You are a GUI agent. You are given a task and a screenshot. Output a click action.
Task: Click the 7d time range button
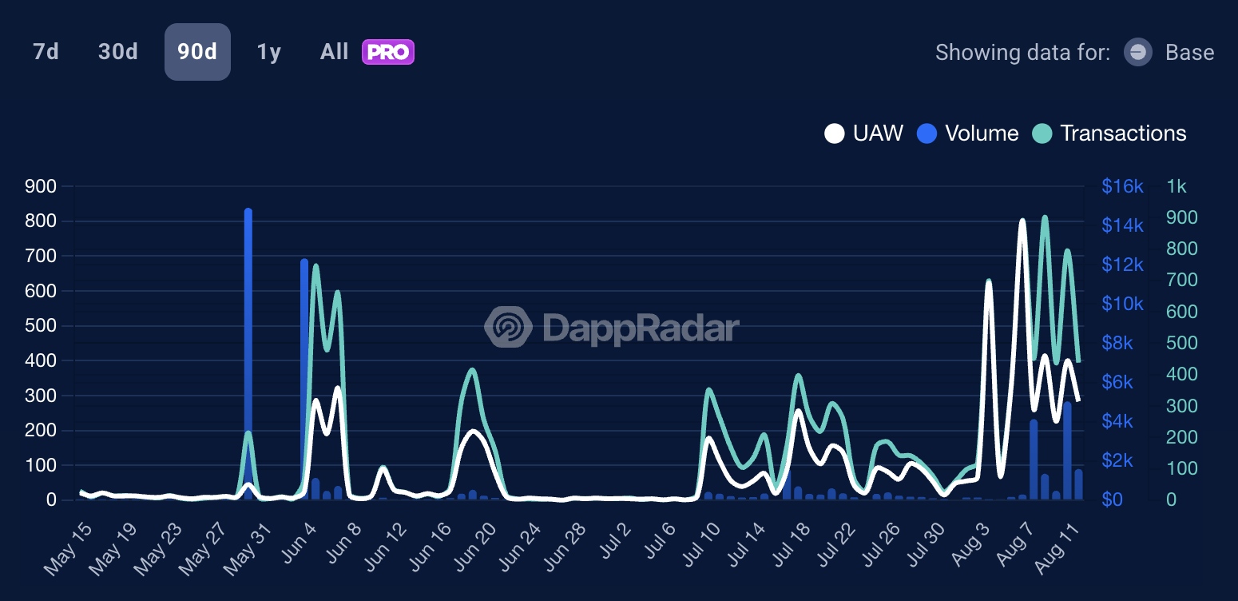[46, 52]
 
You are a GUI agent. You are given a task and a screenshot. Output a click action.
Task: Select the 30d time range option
[118, 52]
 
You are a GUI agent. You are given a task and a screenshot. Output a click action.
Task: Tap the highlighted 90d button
[197, 52]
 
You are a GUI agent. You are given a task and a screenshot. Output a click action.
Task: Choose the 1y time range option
[268, 52]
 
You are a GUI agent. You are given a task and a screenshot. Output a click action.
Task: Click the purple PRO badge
[387, 52]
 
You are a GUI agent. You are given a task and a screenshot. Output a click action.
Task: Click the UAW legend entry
[864, 133]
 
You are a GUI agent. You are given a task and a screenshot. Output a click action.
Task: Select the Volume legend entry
[968, 133]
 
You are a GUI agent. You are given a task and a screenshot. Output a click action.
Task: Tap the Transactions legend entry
[1109, 133]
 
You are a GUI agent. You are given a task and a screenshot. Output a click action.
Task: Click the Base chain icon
[1137, 53]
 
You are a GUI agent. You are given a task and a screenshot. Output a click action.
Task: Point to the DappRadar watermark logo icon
[508, 327]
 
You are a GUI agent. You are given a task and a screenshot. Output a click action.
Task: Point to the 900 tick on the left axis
[40, 186]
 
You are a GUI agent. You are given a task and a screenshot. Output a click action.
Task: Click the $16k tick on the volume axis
[1122, 186]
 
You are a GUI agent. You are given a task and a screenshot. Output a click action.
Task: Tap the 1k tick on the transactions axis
[1176, 186]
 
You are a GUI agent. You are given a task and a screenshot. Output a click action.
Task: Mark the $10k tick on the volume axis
[1122, 304]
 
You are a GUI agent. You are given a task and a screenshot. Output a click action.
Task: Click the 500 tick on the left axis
[40, 325]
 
